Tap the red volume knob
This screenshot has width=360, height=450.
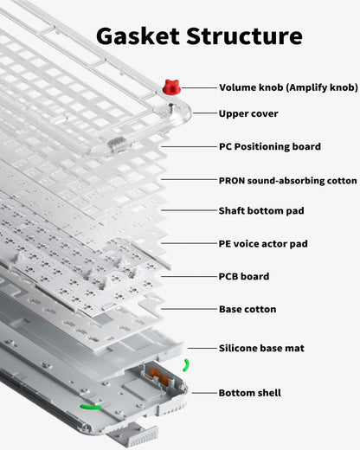tap(170, 87)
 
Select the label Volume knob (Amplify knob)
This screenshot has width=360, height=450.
tap(287, 87)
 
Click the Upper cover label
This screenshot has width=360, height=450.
tap(248, 113)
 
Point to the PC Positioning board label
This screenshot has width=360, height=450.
tap(269, 146)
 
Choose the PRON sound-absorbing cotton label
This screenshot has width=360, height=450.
tap(287, 180)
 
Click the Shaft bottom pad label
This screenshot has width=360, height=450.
tap(260, 210)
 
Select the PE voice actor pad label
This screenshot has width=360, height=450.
tap(262, 244)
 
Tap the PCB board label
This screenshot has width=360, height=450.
tap(243, 276)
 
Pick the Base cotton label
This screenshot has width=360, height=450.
tap(247, 308)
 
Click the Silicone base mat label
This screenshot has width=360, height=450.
tap(260, 347)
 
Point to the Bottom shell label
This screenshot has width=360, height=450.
tap(249, 392)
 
